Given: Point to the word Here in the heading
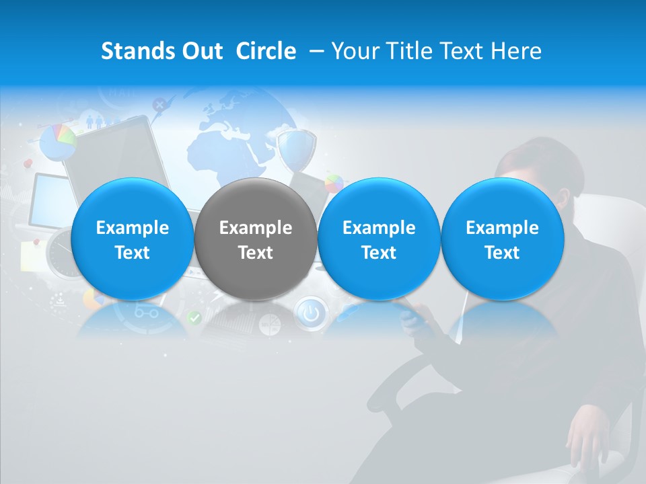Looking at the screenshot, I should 518,51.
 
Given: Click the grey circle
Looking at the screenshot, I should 256,239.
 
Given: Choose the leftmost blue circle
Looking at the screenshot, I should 132,239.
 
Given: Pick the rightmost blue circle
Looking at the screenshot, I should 502,239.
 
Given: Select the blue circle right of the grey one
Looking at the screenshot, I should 379,239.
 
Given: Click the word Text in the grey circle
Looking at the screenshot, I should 256,253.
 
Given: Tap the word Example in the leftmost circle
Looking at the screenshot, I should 132,228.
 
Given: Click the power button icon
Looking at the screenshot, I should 310,313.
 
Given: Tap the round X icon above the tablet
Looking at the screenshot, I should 159,105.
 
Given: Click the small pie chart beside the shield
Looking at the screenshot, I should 334,183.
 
